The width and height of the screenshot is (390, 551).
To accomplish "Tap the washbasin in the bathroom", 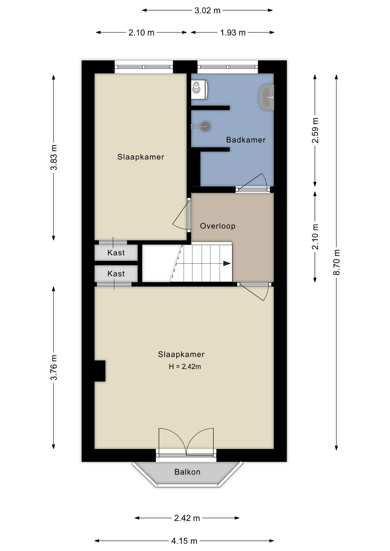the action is tap(267, 97).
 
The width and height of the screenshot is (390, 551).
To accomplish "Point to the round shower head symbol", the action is tap(205, 126).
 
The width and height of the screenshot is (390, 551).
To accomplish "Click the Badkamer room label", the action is tap(246, 140).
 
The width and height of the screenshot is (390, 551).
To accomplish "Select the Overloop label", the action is tap(218, 226).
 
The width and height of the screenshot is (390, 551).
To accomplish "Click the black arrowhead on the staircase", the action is tap(227, 263).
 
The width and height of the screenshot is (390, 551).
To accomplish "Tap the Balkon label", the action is tap(187, 472).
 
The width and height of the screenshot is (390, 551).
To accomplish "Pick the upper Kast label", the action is tap(116, 253).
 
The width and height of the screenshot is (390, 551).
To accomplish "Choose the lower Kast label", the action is tap(116, 274).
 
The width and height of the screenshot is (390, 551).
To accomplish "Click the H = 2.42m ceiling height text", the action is tap(185, 366).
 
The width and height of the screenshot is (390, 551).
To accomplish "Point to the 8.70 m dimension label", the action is tap(336, 262).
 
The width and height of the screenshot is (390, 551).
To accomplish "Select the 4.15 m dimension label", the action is tap(184, 541).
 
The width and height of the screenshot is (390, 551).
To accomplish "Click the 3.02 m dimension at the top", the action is tap(207, 11).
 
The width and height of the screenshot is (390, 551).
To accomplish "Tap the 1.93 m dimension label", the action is tap(233, 33).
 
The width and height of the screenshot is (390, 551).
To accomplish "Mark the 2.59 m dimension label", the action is tap(315, 130).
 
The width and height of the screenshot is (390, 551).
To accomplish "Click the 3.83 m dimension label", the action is tap(54, 158).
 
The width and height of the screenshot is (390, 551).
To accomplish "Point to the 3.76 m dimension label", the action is tap(54, 368).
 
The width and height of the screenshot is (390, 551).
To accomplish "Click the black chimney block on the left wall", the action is tap(100, 371).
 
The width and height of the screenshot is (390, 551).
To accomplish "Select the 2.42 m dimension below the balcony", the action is tap(187, 518).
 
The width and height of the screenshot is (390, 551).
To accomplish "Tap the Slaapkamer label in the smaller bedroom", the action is tap(141, 157).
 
